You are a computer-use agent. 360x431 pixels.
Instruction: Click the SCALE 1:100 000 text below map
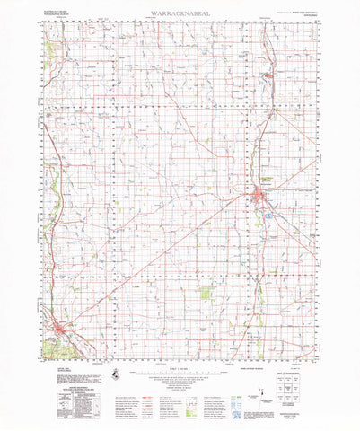click(x=180, y=370)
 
